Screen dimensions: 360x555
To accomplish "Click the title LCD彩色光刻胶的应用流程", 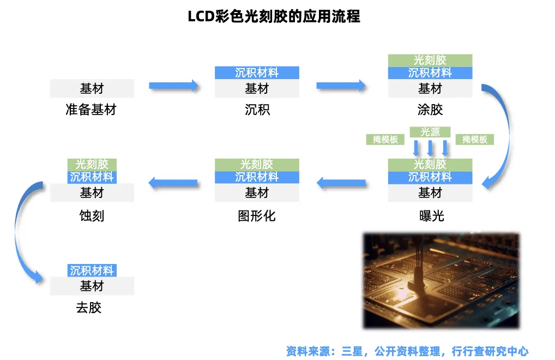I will click(x=274, y=16).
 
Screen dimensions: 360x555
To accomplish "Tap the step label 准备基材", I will click(x=91, y=110).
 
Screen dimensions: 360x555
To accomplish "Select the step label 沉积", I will click(x=257, y=110).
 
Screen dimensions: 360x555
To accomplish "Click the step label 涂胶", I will click(x=430, y=110).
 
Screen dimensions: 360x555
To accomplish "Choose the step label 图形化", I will click(x=257, y=216).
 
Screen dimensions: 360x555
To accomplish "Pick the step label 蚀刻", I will click(x=92, y=216).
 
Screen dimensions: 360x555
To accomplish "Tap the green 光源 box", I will click(x=430, y=131).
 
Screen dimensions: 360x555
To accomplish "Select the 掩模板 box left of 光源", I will click(x=385, y=140).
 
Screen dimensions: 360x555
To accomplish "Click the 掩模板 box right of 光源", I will click(x=475, y=140).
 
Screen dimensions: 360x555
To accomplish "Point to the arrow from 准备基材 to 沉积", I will click(x=174, y=86).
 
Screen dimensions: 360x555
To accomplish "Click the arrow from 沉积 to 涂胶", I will click(x=341, y=85).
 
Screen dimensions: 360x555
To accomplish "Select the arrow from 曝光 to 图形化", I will click(x=342, y=184).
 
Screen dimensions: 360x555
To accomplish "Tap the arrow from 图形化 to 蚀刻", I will click(x=173, y=184).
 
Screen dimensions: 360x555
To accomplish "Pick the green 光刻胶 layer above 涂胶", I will click(x=430, y=60).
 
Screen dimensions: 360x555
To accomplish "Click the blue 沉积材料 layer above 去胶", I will click(x=92, y=271).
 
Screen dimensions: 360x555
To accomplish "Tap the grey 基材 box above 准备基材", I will click(x=92, y=88).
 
